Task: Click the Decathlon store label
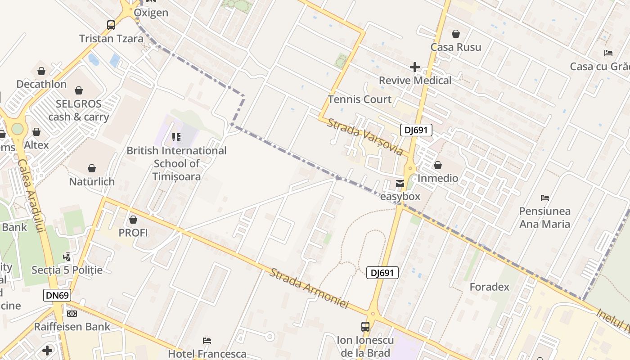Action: point(41,84)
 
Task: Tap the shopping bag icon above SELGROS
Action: point(79,90)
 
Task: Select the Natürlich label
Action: point(92,182)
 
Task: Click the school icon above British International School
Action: point(176,137)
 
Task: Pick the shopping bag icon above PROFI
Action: point(133,220)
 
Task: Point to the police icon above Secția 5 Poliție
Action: point(67,257)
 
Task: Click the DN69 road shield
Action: point(58,295)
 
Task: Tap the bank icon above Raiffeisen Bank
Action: point(72,313)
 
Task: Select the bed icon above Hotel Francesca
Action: point(207,340)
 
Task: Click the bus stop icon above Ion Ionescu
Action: point(365,326)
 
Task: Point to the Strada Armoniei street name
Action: point(309,288)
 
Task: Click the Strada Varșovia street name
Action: point(365,137)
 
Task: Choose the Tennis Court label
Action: point(360,99)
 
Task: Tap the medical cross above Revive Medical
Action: point(414,67)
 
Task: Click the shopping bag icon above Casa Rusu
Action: point(456,34)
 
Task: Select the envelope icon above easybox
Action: point(400,183)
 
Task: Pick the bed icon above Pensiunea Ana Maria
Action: point(545,198)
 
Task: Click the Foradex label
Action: point(489,287)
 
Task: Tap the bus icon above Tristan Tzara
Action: point(111,25)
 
